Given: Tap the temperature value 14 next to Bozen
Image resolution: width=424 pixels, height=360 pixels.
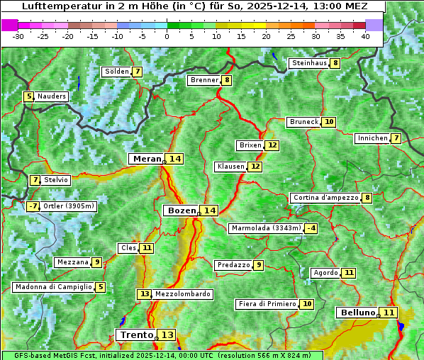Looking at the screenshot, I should (209, 210).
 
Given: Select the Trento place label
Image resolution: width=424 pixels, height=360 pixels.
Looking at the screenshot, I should (136, 334).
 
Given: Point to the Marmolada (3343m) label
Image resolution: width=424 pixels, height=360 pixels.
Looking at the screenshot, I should (266, 228).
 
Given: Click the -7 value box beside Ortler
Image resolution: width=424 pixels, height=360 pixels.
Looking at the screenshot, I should (33, 206).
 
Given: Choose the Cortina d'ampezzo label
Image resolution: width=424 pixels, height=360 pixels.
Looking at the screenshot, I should (325, 198).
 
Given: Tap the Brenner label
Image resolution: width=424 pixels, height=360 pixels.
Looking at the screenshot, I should (204, 80).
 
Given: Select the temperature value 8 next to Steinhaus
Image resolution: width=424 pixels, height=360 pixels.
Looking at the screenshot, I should (335, 63).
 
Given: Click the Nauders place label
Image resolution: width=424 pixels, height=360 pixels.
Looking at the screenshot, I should (52, 96).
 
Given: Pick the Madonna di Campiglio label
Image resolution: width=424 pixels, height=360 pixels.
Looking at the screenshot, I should (53, 287).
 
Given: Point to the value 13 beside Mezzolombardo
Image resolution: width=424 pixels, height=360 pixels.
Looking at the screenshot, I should (144, 294).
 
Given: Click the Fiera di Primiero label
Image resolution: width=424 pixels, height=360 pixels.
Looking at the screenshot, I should (267, 304).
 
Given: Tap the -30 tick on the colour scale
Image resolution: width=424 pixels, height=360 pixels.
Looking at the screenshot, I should (18, 35).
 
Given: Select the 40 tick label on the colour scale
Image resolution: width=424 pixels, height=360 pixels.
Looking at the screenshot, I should (365, 35).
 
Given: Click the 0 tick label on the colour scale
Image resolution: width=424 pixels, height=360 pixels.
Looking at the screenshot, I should (167, 35).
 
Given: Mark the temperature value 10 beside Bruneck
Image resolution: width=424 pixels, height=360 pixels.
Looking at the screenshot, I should (329, 122).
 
